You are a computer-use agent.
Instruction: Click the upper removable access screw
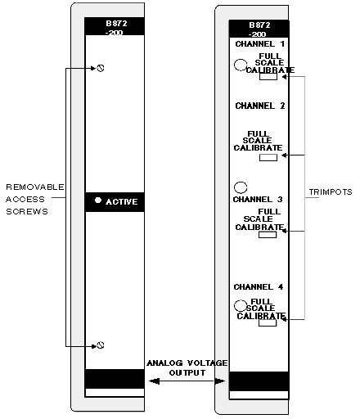(x=101, y=68)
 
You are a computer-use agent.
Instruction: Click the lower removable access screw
(x=101, y=345)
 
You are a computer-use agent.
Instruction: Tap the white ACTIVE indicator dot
(x=98, y=200)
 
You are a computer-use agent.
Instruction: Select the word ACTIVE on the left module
(x=122, y=202)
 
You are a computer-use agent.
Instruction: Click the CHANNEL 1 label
(x=260, y=44)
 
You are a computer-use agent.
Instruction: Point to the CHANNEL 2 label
(x=260, y=106)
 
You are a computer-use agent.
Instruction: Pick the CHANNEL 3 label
(x=258, y=200)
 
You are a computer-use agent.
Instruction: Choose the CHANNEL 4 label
(x=259, y=287)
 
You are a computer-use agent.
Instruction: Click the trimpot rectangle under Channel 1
(x=268, y=77)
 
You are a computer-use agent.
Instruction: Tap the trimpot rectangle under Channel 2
(x=268, y=157)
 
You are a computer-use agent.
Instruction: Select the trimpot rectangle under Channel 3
(x=268, y=235)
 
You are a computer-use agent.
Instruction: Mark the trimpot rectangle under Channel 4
(x=268, y=323)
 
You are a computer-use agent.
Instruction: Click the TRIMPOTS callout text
(x=331, y=192)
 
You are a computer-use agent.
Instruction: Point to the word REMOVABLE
(x=35, y=187)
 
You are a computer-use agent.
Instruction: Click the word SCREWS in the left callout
(x=27, y=212)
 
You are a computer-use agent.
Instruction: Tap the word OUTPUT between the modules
(x=187, y=372)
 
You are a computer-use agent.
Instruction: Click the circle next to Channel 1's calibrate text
(x=241, y=65)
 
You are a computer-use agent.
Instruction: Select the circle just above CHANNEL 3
(x=241, y=187)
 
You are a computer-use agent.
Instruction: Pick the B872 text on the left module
(x=116, y=24)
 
